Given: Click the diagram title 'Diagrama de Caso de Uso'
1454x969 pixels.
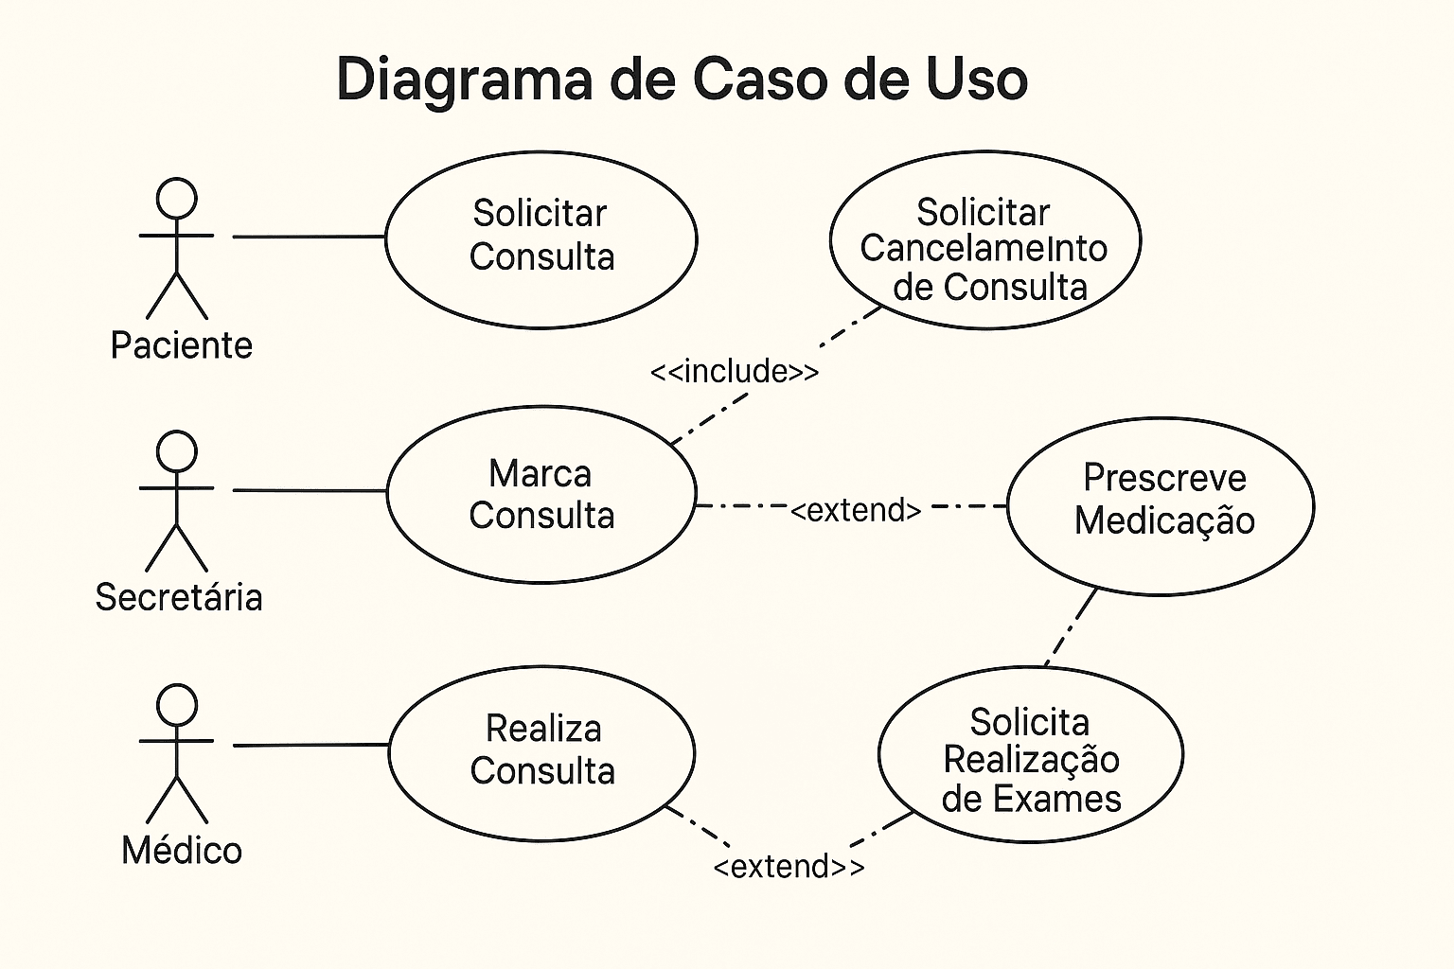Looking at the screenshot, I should tap(682, 79).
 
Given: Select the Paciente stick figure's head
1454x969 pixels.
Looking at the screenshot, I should tap(176, 199).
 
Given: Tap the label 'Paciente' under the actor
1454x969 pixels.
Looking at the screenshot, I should tap(181, 345).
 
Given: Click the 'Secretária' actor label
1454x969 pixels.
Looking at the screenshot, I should tap(179, 597).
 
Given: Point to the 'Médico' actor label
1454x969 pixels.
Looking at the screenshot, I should tap(182, 850).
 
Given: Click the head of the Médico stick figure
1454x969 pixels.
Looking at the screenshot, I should tap(176, 706).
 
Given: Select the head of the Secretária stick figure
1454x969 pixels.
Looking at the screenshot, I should tap(176, 451).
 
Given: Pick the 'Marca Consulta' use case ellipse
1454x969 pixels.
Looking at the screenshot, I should tap(541, 494).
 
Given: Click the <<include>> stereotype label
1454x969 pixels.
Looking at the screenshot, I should tap(735, 371).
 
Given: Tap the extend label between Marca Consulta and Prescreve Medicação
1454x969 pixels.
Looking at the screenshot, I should tap(856, 510).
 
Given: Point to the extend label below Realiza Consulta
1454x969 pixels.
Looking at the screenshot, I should tap(789, 866).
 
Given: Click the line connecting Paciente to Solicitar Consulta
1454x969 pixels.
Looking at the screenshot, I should tap(309, 237).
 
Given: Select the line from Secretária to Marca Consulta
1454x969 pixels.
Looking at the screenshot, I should tap(309, 490).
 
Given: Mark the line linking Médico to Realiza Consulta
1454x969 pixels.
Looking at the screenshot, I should tap(310, 746).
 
